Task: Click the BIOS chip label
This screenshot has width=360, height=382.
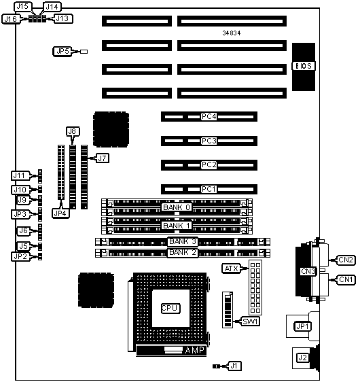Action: click(304, 66)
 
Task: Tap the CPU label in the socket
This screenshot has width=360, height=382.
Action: click(170, 308)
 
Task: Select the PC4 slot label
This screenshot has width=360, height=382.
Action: click(209, 116)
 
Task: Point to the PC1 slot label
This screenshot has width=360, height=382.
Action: click(209, 189)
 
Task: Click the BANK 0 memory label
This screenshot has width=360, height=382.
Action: click(177, 207)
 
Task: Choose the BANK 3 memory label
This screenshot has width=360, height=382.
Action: click(183, 241)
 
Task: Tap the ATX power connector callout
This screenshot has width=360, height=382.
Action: click(231, 268)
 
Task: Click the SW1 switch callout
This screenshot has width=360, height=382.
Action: click(250, 322)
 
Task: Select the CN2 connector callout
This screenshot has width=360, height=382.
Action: click(346, 260)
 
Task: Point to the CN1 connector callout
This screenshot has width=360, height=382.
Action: click(346, 279)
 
